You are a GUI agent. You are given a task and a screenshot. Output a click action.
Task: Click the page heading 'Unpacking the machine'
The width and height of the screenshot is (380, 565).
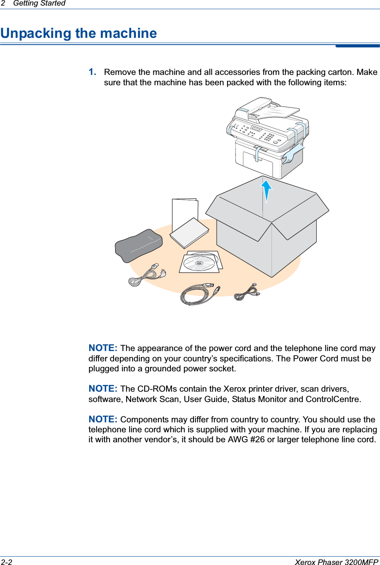(x=79, y=33)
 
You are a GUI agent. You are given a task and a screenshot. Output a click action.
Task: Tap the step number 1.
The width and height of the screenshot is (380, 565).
(x=92, y=72)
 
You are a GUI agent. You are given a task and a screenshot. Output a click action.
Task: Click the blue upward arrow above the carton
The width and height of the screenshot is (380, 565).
(x=266, y=190)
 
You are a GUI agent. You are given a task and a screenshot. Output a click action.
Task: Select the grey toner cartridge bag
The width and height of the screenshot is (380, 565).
(x=139, y=245)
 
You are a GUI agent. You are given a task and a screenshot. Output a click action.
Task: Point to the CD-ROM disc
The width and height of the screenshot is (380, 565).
(x=199, y=263)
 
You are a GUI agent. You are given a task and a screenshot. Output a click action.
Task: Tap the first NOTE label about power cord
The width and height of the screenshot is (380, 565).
(x=103, y=348)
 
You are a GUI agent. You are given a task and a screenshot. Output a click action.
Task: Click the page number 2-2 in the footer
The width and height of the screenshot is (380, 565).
(x=7, y=562)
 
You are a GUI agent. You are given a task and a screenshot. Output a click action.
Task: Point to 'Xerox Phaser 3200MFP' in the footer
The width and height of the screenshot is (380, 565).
(x=336, y=562)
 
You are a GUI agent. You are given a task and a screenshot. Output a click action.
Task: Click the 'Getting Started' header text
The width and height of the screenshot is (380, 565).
(x=39, y=4)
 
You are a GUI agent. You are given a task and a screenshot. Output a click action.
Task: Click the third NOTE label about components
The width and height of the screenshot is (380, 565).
(x=103, y=419)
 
